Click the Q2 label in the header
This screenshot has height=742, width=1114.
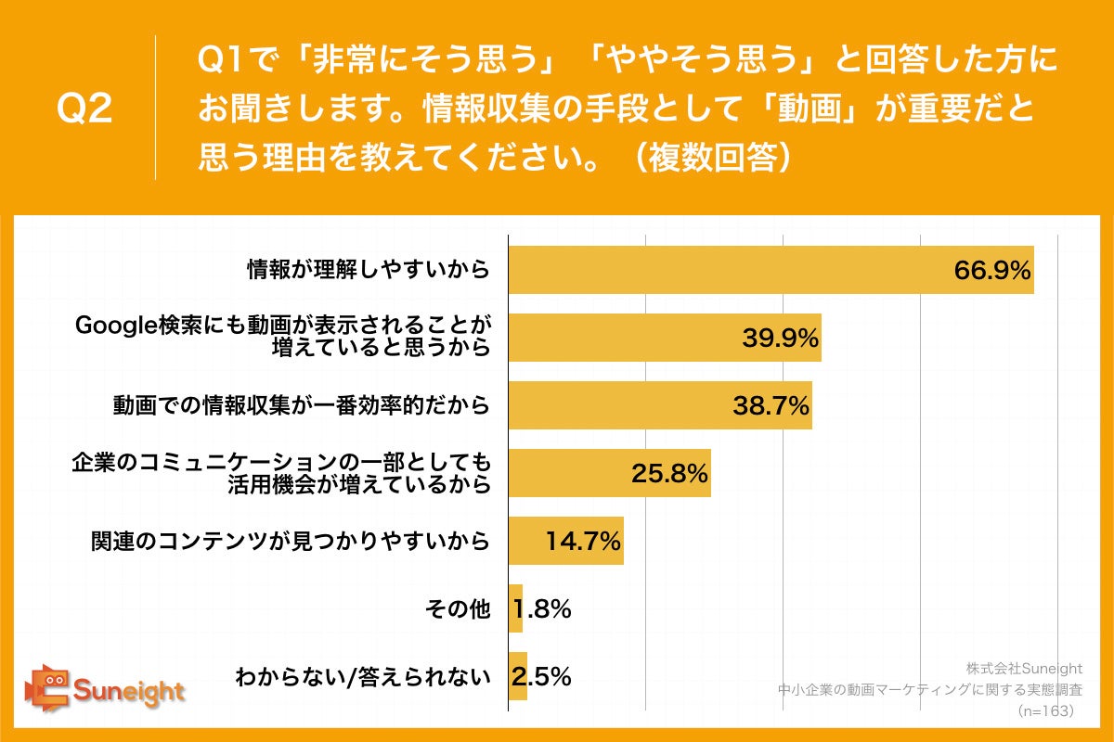[x=85, y=109]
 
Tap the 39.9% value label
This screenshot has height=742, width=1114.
[x=780, y=339]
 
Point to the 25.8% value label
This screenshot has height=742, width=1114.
[x=670, y=473]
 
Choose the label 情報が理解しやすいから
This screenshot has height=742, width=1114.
[x=368, y=270]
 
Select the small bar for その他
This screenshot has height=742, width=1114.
[x=515, y=608]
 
